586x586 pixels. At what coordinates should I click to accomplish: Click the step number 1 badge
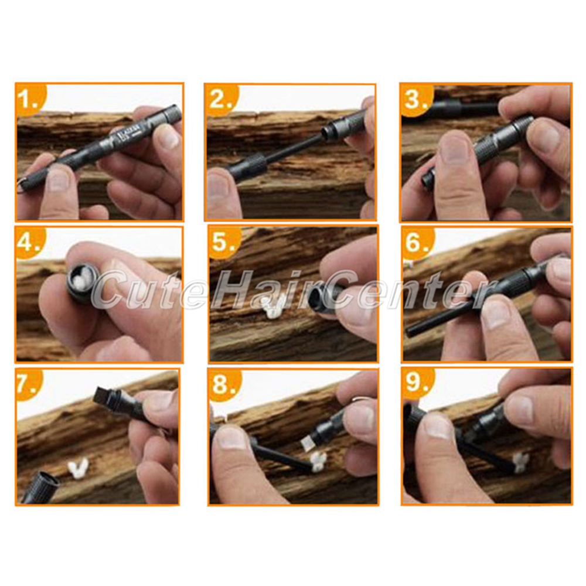[x=30, y=98]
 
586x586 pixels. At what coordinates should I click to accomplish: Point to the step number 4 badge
[x=30, y=242]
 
